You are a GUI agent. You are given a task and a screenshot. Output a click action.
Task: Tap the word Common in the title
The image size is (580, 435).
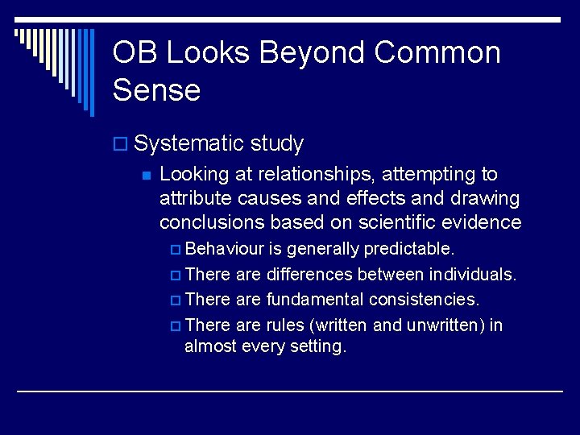click(437, 53)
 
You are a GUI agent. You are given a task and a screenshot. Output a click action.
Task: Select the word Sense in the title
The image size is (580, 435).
click(156, 90)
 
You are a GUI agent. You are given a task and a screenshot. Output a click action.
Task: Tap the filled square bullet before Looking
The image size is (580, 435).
click(146, 176)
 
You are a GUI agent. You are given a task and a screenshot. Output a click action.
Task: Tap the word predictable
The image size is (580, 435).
click(409, 247)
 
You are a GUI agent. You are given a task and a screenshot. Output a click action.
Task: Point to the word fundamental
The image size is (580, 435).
click(315, 300)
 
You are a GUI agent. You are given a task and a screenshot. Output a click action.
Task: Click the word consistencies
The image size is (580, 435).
click(424, 300)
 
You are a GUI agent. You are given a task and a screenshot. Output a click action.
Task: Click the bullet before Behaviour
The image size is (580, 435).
click(177, 248)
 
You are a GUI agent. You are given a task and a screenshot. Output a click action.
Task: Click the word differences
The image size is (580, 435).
click(309, 274)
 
